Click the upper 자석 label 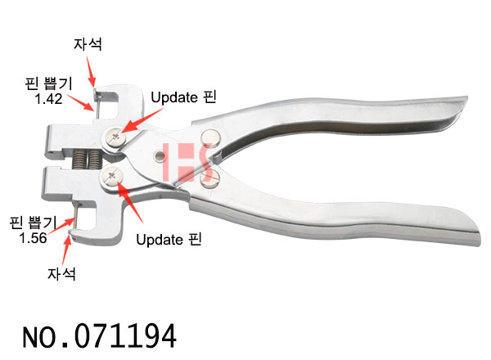click(88, 44)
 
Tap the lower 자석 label click(61, 273)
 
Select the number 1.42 click(48, 99)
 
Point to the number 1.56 click(33, 238)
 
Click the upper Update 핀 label click(183, 97)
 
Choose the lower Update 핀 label click(169, 240)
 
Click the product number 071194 click(125, 336)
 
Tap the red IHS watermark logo click(188, 162)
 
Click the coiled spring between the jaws click(88, 159)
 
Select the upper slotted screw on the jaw click(115, 137)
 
